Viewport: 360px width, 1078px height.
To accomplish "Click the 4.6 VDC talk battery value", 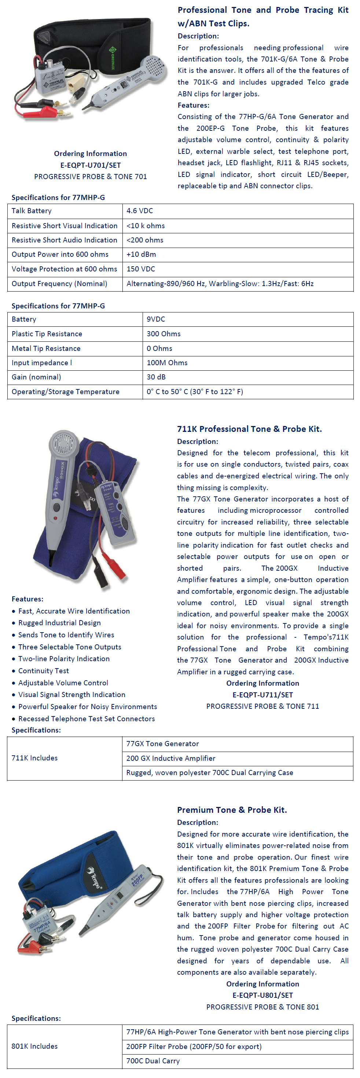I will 140,211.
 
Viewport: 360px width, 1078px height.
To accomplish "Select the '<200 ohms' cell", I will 145,240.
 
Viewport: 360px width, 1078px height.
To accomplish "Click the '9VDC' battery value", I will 156,319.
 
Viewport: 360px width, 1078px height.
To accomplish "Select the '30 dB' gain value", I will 156,377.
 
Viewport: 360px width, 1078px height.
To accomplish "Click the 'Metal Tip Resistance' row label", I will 46,349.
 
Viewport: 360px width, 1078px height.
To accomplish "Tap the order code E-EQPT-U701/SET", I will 91,165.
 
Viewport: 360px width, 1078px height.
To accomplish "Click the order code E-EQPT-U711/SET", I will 262,694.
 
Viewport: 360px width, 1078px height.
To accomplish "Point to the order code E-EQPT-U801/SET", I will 262,995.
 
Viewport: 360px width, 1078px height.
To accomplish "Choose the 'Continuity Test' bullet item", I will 44,671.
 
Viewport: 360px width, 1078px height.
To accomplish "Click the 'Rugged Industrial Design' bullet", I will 59,623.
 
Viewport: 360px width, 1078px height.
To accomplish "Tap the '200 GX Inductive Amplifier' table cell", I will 171,758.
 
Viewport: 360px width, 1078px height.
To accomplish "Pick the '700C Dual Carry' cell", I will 153,1061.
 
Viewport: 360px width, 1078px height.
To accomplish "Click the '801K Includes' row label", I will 34,1046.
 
